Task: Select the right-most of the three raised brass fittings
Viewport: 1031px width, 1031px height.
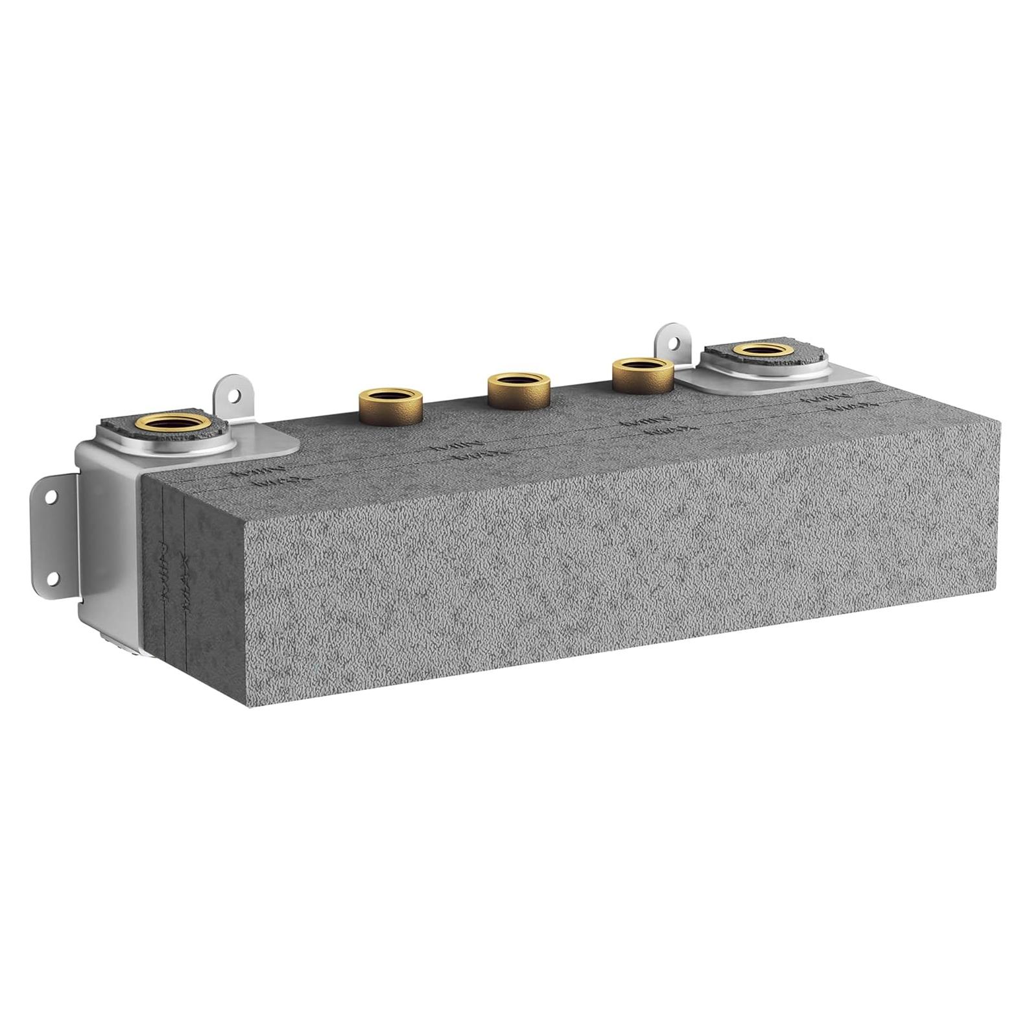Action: (642, 374)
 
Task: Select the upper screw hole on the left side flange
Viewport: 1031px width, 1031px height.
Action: (50, 497)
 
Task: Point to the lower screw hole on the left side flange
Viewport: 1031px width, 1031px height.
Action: (52, 576)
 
